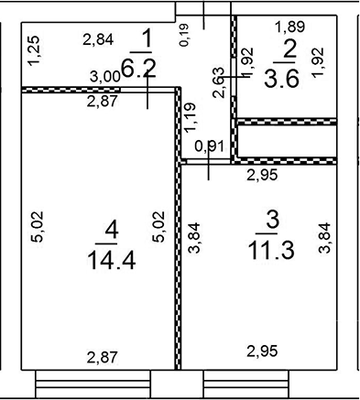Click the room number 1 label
click(x=146, y=39)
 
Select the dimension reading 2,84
click(x=97, y=39)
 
